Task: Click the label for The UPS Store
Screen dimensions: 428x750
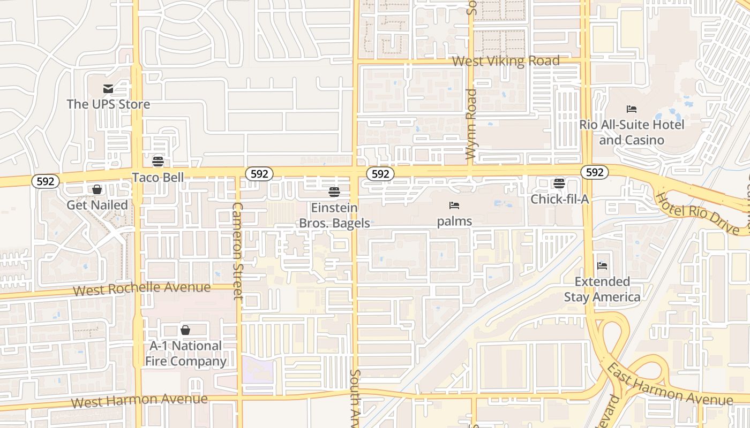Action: pyautogui.click(x=108, y=104)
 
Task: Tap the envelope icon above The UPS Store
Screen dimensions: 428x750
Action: pyautogui.click(x=108, y=89)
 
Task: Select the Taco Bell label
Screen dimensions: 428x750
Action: pyautogui.click(x=158, y=177)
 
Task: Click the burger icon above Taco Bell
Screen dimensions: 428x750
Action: pyautogui.click(x=158, y=161)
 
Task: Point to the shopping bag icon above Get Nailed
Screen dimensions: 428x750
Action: pyautogui.click(x=97, y=189)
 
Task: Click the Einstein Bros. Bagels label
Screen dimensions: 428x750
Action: pyautogui.click(x=334, y=215)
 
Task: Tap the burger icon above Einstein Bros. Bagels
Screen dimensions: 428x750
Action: pyautogui.click(x=334, y=192)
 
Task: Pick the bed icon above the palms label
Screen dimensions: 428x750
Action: pyautogui.click(x=454, y=205)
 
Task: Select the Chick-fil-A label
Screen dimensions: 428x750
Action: pyautogui.click(x=560, y=199)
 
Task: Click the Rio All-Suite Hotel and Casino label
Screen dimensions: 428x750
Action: pyautogui.click(x=632, y=132)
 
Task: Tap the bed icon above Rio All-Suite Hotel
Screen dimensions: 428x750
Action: pyautogui.click(x=632, y=109)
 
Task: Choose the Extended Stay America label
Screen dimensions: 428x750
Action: pyautogui.click(x=602, y=289)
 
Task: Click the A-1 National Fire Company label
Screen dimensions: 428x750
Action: pyautogui.click(x=185, y=353)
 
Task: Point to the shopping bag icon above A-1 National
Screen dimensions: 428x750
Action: pyautogui.click(x=185, y=330)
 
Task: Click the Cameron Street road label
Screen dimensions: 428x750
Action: pyautogui.click(x=238, y=250)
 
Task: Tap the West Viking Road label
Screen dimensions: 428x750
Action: pyautogui.click(x=506, y=61)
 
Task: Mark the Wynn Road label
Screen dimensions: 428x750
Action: pyautogui.click(x=471, y=124)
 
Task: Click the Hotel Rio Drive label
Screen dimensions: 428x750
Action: pyautogui.click(x=701, y=213)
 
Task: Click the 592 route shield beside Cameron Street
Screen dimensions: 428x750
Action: pyautogui.click(x=259, y=173)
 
